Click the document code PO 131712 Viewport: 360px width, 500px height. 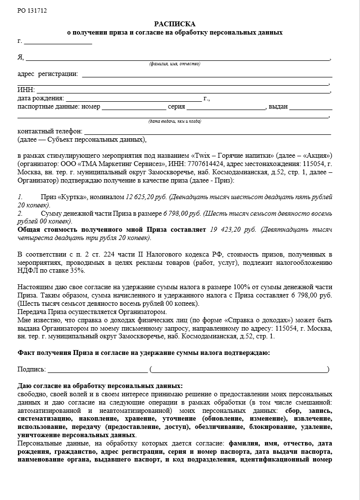pos(33,10)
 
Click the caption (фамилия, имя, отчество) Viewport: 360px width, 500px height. pos(174,64)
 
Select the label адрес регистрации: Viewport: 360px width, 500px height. pos(47,74)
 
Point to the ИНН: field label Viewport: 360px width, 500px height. pos(25,90)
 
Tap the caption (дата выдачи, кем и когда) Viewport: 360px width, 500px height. pos(174,121)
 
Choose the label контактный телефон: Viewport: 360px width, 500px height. pos(50,131)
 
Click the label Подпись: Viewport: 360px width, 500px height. pos(31,370)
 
